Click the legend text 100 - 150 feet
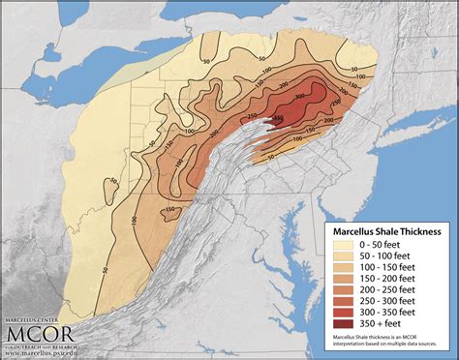[382, 268]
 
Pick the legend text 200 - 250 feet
[382, 289]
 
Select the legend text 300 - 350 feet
[382, 312]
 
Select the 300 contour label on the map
[298, 97]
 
